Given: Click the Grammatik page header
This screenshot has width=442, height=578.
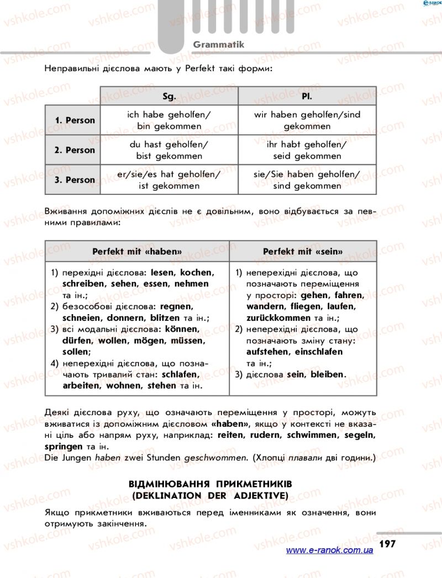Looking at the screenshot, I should click(218, 44).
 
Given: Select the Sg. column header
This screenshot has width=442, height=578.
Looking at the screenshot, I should click(169, 96).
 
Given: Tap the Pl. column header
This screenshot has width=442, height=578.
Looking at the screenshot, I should click(307, 96).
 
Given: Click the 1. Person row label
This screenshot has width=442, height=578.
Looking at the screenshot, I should click(75, 120).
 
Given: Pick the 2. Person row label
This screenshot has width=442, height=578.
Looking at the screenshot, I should click(75, 150).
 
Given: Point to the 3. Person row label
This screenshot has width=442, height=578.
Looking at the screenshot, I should click(75, 180).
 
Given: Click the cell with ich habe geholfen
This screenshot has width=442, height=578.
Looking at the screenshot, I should click(169, 120).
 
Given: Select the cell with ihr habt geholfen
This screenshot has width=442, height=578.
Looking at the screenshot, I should click(307, 150).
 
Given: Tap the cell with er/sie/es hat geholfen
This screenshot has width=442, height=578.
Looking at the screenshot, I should click(169, 180).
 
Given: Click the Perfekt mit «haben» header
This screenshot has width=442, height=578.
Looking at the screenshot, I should click(137, 251).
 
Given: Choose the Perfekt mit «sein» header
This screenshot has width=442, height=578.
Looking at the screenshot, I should click(303, 251).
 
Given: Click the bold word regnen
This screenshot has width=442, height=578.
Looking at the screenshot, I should click(176, 306).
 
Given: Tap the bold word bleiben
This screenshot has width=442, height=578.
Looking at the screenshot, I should click(327, 374).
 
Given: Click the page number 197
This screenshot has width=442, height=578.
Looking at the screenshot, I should click(387, 544).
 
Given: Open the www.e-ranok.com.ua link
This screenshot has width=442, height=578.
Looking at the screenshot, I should click(329, 550).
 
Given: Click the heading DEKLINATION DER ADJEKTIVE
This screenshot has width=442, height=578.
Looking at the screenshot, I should click(210, 496).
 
